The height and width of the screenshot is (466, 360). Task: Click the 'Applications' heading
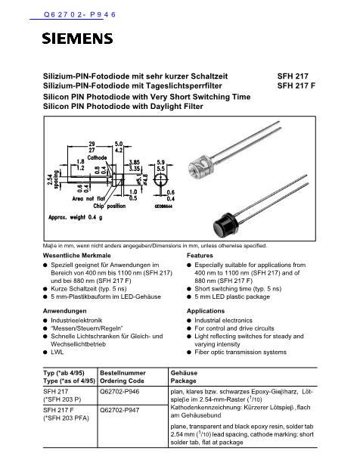point(205,311)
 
